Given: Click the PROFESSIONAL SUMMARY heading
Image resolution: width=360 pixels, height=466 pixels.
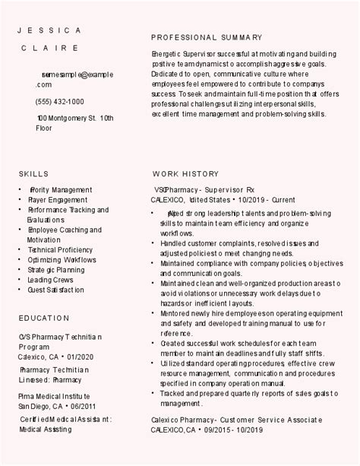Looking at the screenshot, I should click(207, 37).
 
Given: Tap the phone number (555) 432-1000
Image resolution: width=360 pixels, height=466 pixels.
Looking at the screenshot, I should click(60, 101).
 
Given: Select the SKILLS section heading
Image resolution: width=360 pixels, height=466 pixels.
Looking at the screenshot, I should click(33, 173).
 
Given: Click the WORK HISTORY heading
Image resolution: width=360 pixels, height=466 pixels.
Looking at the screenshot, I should click(185, 173).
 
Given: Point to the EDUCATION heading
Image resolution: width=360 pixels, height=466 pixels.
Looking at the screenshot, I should click(44, 318).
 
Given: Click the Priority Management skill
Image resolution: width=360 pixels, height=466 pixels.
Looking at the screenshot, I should click(60, 189).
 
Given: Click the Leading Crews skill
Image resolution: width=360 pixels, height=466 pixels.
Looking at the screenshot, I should click(50, 279).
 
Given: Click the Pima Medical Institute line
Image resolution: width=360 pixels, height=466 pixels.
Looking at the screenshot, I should click(54, 397).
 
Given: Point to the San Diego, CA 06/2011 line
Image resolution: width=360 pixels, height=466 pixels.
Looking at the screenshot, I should click(58, 406).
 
